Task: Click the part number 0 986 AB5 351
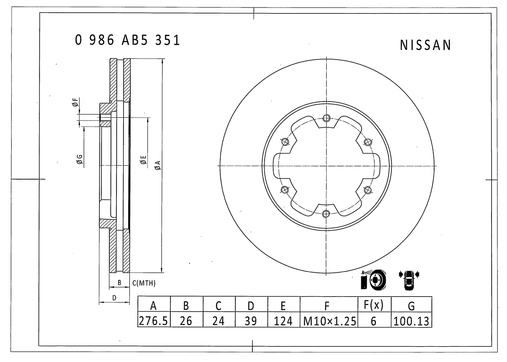(127, 40)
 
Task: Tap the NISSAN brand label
(425, 46)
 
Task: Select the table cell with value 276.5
(154, 321)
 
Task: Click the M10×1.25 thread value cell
(330, 321)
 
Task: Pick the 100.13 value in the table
(411, 321)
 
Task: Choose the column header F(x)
(374, 305)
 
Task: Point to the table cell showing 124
(283, 321)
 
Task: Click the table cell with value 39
(251, 321)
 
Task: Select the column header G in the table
(411, 306)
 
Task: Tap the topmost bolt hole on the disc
(326, 118)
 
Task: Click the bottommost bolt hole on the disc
(326, 214)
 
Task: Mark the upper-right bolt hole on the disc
(368, 142)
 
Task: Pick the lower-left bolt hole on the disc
(284, 190)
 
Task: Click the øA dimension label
(158, 165)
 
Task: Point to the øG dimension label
(79, 160)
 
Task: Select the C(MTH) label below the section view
(143, 283)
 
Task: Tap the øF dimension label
(75, 102)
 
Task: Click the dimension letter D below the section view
(114, 297)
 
